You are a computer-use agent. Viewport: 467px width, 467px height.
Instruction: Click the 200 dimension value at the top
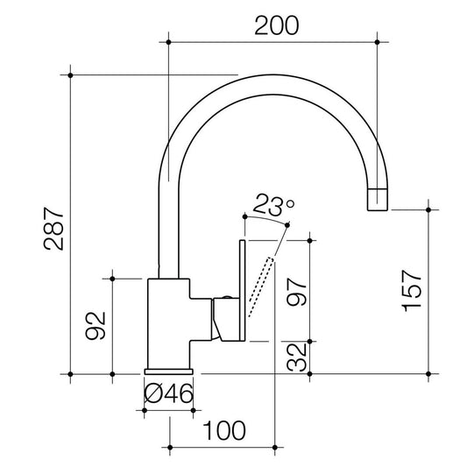coord(276,25)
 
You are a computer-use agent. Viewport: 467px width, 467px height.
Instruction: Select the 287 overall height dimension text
coord(54,229)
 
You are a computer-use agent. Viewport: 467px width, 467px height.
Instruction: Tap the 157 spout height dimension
coord(412,291)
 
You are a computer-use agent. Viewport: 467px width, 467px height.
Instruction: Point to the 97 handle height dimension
coord(297,292)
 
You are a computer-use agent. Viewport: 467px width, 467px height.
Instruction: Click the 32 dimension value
coord(297,357)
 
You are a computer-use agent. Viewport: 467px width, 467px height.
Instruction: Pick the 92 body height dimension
coord(96,326)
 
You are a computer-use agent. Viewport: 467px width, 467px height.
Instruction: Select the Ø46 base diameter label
coord(168,393)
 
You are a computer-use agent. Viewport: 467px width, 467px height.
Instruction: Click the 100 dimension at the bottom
coord(224,430)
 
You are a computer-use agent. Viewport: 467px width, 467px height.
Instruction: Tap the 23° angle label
coord(274,204)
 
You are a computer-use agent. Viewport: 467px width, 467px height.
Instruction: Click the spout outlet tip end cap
coord(378,199)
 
